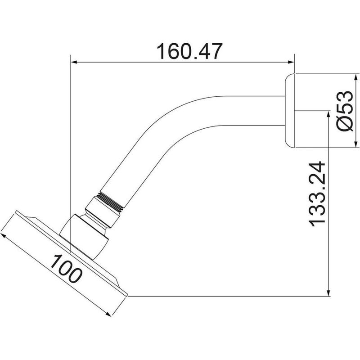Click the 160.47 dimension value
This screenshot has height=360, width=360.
click(183, 52)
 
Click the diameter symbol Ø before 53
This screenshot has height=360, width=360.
click(344, 122)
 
